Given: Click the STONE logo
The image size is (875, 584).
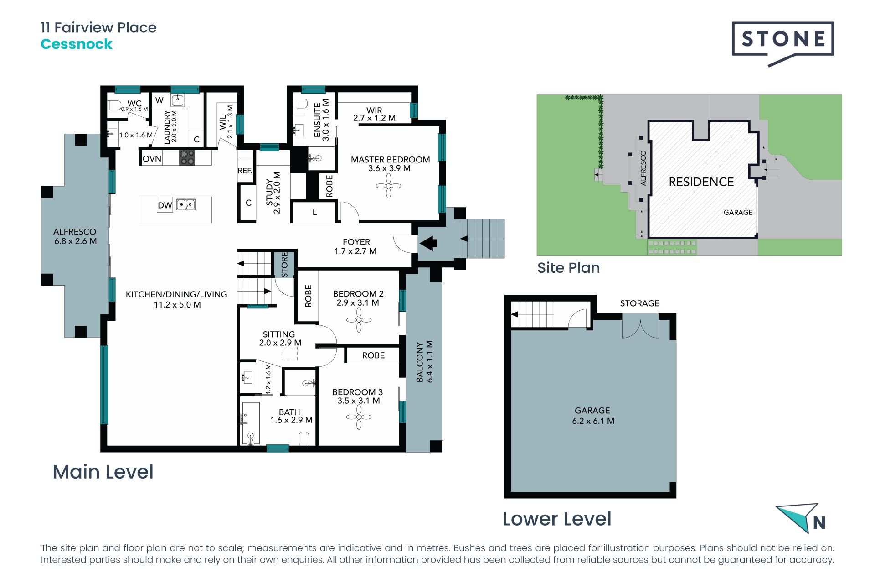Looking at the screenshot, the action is [x=782, y=44].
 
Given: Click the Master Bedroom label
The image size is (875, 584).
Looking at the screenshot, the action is [x=390, y=164].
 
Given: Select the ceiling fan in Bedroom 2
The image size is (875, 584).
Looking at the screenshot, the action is [x=359, y=319].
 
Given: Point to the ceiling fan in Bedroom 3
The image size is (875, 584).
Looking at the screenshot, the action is [x=359, y=417].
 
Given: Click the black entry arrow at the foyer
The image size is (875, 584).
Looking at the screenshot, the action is [x=428, y=243].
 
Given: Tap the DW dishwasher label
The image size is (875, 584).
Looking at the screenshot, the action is [x=165, y=205].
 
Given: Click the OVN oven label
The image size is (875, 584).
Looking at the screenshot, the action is [x=152, y=159].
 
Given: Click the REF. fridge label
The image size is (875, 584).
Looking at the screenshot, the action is [x=245, y=171].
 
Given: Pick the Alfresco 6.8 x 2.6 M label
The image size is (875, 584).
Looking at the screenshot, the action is [x=75, y=236].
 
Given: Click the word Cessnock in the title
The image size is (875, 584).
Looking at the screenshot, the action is [x=77, y=44].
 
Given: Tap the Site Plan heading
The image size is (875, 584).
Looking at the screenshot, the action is [x=568, y=268].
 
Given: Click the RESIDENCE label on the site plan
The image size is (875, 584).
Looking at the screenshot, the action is [x=701, y=182].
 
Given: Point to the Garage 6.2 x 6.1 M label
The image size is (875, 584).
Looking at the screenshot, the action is [x=593, y=416].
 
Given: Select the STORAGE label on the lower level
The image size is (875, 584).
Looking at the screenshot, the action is [x=639, y=303].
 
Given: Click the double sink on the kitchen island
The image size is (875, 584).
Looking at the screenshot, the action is [x=186, y=205].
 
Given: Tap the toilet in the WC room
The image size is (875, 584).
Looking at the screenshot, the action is [x=114, y=105].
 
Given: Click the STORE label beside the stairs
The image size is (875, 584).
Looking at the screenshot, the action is [x=284, y=265].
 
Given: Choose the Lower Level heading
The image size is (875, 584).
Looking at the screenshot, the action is [x=557, y=519].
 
